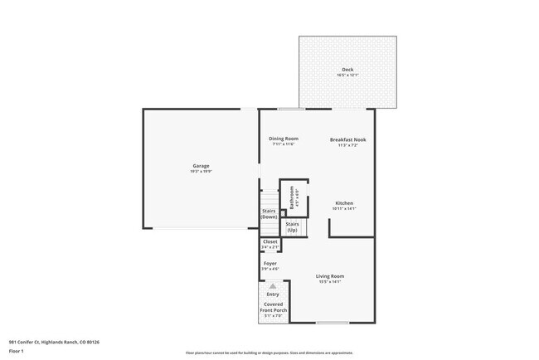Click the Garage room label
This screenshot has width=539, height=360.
pos(202,166)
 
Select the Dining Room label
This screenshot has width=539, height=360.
pos(284,139)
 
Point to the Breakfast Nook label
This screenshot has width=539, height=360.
pos(347,139)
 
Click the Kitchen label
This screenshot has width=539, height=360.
pos(344,203)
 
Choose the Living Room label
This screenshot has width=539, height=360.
pos(330,276)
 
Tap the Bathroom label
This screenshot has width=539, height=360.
pos(291,197)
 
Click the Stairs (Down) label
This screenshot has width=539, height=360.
pos(269,214)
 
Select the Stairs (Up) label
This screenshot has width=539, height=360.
pos(293,226)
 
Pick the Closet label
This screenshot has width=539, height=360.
pos(270,241)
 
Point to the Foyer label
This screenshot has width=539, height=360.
pos(270,264)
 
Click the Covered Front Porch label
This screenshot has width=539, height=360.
pos(274,308)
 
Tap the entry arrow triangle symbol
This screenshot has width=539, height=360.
pos(273,286)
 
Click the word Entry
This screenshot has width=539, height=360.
pos(273,294)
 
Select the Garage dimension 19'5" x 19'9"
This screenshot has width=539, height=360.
pos(202,172)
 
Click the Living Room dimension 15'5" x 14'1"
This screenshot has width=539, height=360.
pos(330,282)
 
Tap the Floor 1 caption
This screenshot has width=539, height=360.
pos(17,351)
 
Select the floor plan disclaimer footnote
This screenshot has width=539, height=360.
pos(269,353)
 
